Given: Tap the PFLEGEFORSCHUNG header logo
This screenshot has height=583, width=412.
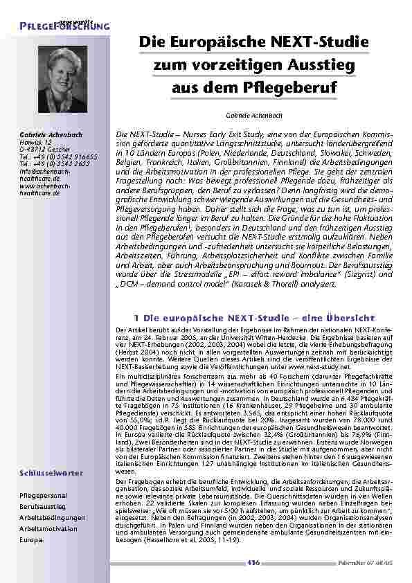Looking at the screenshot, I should pyautogui.click(x=64, y=25).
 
